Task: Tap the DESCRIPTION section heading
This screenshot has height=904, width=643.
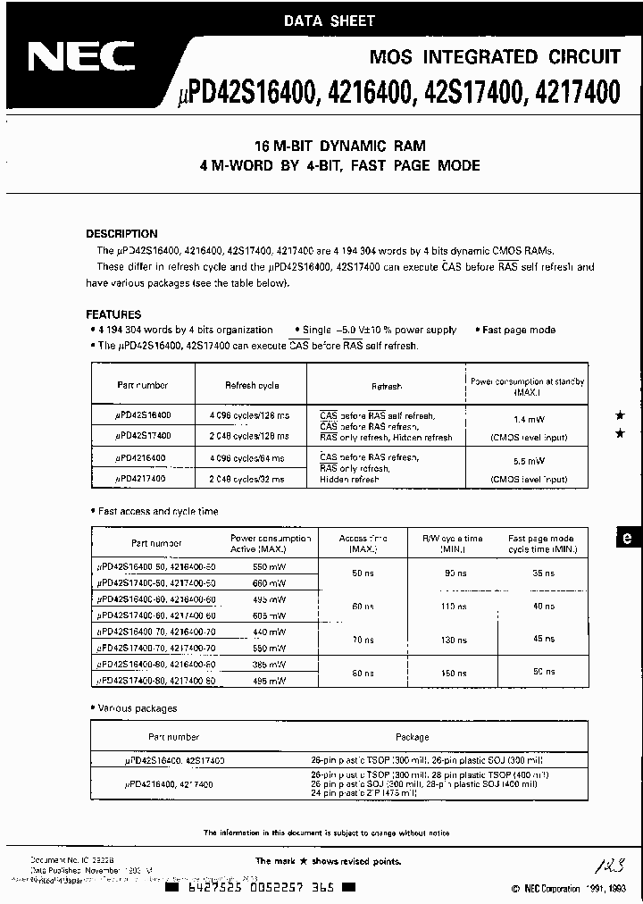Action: (x=121, y=234)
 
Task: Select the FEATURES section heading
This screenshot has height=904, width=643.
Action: (x=113, y=314)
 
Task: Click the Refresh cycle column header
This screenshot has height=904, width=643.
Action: (x=252, y=386)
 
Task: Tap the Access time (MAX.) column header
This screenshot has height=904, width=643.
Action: (x=363, y=544)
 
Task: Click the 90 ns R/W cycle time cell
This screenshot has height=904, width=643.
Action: (x=455, y=571)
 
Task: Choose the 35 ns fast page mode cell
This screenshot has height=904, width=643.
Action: (x=543, y=571)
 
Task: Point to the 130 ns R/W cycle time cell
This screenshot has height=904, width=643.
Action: (x=455, y=640)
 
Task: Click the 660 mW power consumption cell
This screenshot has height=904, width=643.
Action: (x=270, y=582)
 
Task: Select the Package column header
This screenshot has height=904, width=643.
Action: (x=412, y=738)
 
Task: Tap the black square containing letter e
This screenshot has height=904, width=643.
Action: (x=627, y=537)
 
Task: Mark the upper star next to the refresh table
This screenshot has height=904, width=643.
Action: (x=620, y=416)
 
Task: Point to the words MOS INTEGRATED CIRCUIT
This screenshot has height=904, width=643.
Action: (x=495, y=56)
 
